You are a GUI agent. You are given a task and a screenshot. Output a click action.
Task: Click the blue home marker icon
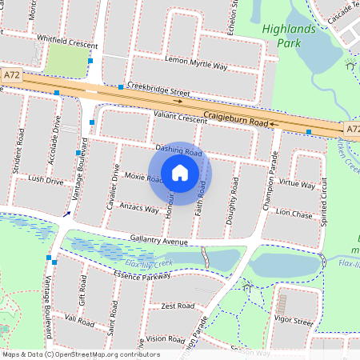pos(180,172)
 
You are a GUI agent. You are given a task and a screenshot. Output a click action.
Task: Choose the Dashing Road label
pos(178,150)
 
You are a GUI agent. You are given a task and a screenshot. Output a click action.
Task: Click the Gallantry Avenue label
pos(159,241)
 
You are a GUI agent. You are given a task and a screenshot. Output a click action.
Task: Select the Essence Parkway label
pos(142,275)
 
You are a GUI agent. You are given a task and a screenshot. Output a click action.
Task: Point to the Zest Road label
pos(178,306)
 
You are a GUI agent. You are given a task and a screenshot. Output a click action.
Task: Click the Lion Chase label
pos(294,214)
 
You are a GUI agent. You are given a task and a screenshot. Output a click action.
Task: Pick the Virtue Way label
pos(298,184)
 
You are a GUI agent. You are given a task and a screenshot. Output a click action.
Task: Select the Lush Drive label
pos(46,181)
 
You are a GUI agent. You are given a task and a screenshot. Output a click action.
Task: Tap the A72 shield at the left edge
pos(11,74)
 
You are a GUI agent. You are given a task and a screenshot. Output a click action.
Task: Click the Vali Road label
pos(80,318)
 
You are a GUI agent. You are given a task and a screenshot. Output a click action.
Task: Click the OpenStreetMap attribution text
pos(70,354)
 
